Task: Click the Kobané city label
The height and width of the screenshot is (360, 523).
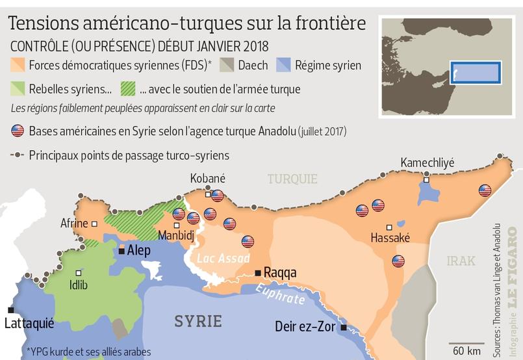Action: (207, 178)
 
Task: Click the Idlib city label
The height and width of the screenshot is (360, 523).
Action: (78, 285)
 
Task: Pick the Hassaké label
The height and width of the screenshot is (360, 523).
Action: (390, 238)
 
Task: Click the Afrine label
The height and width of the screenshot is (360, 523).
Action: (74, 224)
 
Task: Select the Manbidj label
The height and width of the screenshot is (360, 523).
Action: (176, 237)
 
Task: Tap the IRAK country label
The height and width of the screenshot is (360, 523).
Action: (461, 261)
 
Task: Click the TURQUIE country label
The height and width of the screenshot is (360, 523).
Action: (292, 179)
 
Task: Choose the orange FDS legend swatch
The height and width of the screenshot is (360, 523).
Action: (18, 65)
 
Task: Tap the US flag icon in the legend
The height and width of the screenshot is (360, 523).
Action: (18, 131)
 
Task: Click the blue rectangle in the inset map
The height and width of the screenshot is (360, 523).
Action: (475, 71)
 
